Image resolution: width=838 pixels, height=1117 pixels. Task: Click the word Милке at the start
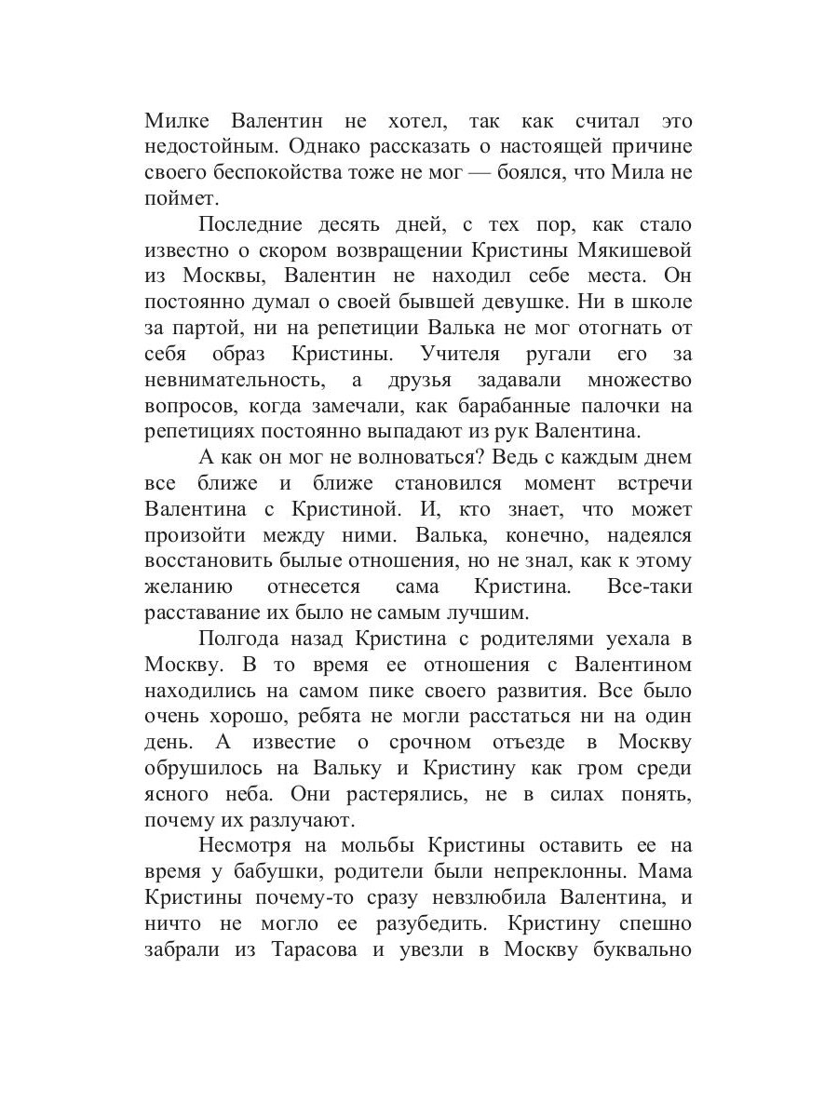click(178, 122)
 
